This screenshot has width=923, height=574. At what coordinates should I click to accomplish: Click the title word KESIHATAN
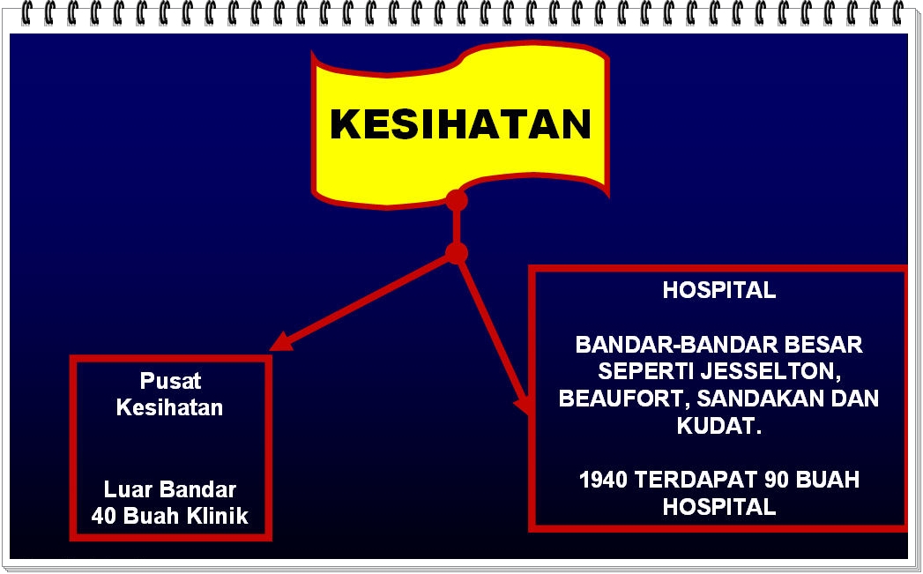pos(460,124)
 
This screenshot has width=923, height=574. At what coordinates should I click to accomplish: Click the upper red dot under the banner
pos(456,200)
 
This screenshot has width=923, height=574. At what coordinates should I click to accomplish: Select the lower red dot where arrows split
pos(456,254)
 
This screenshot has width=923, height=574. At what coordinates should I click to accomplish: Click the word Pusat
pos(170,381)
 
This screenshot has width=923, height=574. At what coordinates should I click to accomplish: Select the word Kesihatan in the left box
pos(170,407)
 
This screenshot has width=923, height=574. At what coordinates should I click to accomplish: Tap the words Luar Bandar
pos(170,489)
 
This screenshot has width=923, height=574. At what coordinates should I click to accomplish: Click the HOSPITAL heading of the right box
pos(718,290)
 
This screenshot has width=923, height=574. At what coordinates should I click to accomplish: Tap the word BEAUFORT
pos(620,399)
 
